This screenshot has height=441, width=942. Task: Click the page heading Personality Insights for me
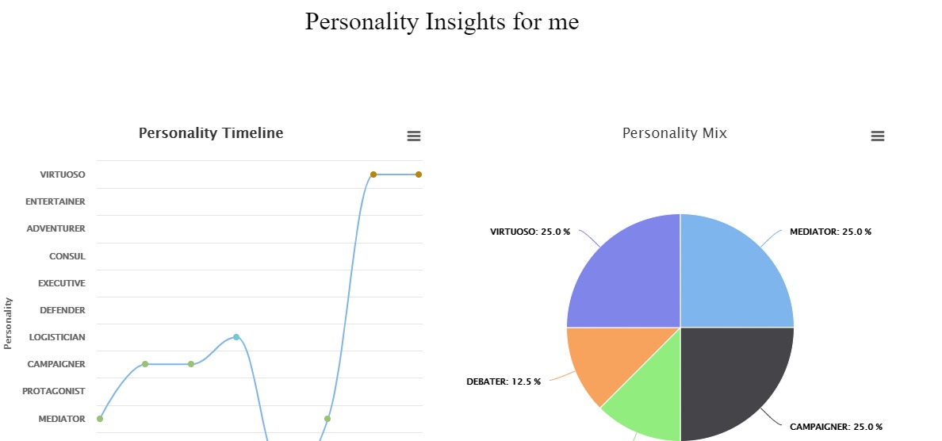click(442, 21)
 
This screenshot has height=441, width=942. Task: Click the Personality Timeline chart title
click(211, 133)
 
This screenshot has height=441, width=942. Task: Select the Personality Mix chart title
click(674, 133)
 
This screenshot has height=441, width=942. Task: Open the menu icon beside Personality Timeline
click(413, 136)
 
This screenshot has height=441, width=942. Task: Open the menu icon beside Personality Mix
click(877, 136)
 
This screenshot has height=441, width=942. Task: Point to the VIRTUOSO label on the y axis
click(63, 174)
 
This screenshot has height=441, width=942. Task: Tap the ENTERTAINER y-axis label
click(55, 201)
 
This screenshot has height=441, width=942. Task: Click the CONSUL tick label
click(67, 256)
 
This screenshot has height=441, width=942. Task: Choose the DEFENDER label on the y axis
click(62, 310)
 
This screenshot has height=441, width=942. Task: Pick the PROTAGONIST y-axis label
click(53, 391)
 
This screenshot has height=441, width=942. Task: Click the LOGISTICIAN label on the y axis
click(57, 337)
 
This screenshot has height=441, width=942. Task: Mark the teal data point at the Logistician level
click(236, 337)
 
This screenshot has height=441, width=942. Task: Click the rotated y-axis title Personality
click(9, 323)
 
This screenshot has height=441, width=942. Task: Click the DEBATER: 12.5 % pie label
click(504, 382)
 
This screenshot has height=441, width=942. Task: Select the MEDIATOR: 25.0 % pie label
click(830, 232)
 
